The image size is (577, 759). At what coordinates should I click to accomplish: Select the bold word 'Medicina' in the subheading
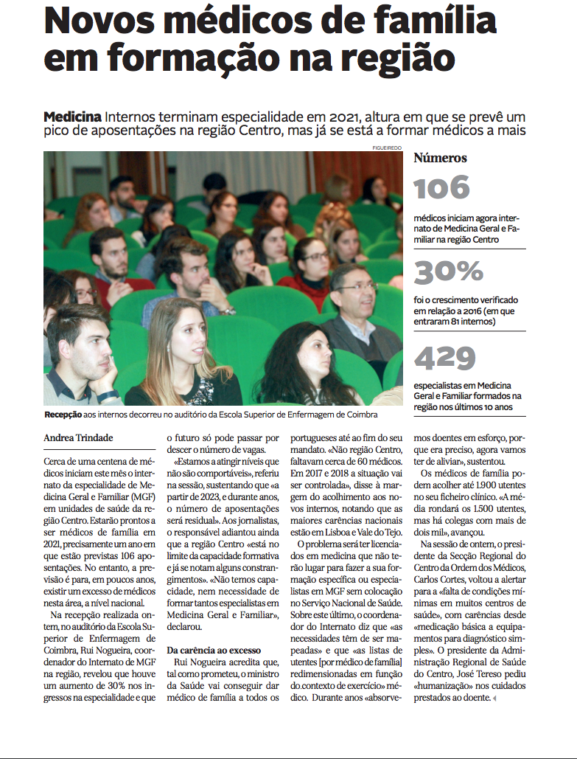pyautogui.click(x=73, y=118)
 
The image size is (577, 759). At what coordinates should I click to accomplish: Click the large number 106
pyautogui.click(x=442, y=188)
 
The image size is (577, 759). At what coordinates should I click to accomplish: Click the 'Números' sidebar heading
pyautogui.click(x=440, y=158)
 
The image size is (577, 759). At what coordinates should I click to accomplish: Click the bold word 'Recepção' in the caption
pyautogui.click(x=63, y=415)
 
